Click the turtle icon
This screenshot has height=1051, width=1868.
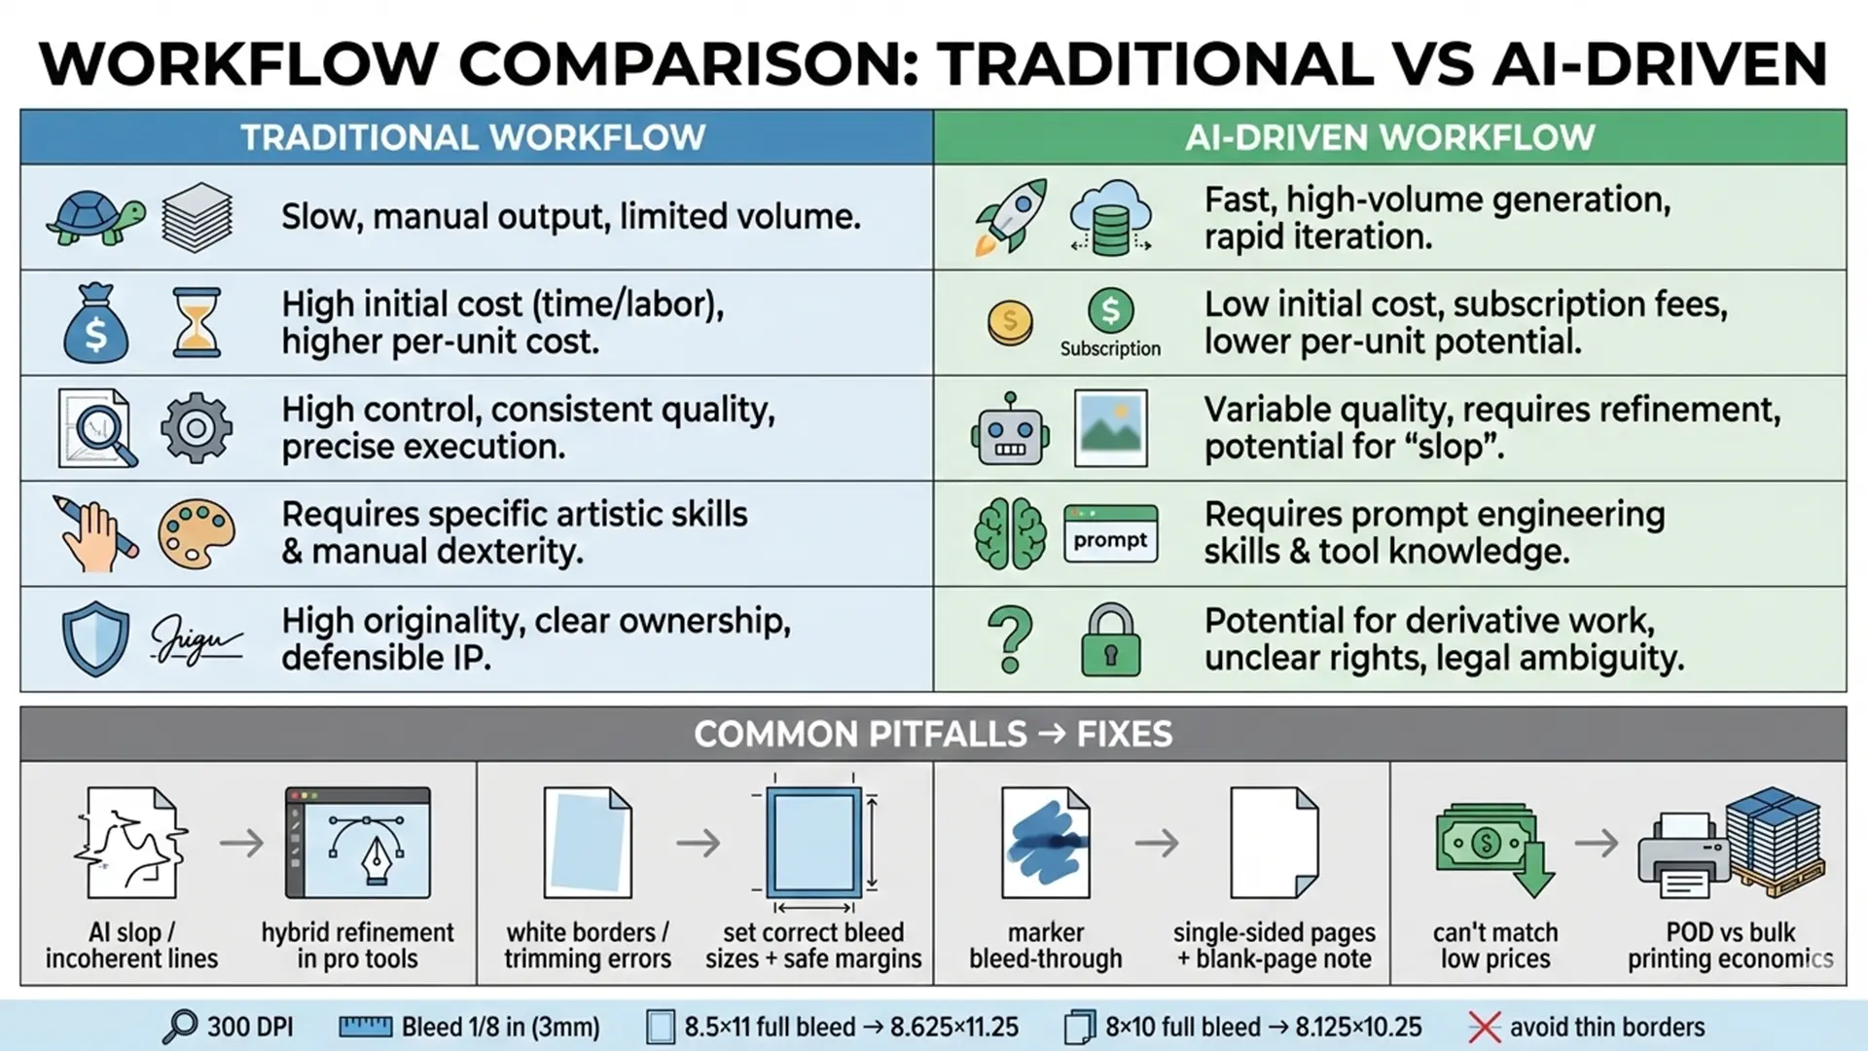point(95,216)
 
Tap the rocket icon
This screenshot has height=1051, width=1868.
point(1011,216)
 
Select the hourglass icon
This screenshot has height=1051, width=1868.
point(197,322)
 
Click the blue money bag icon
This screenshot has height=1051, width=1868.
point(95,323)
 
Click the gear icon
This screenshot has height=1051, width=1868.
point(197,427)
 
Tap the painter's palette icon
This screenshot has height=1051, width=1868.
point(197,533)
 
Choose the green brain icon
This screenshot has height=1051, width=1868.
point(1010,533)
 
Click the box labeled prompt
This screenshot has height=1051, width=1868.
point(1110,533)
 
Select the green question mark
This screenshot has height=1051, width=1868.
point(1010,639)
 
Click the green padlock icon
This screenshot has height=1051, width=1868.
point(1110,639)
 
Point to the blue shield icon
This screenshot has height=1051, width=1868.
point(95,639)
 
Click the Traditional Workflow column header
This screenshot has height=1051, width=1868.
point(474,137)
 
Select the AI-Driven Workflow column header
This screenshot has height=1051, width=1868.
point(1390,137)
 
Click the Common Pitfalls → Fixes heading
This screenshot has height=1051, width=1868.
point(933,734)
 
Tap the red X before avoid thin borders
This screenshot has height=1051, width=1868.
point(1485,1028)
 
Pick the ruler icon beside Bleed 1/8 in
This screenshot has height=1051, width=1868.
point(365,1027)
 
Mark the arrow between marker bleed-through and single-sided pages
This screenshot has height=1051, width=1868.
point(1157,843)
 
